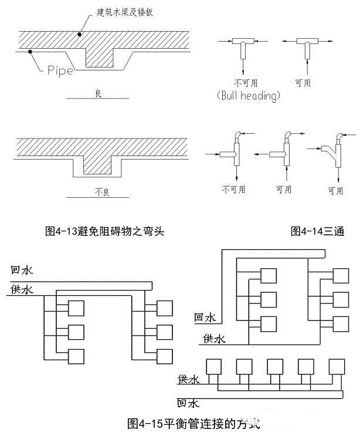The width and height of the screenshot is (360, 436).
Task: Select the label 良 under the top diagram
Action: tap(98, 93)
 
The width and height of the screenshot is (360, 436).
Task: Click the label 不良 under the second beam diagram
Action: tap(98, 191)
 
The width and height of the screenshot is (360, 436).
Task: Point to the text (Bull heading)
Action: tap(247, 96)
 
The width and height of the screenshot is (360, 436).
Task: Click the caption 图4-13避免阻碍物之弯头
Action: tap(104, 231)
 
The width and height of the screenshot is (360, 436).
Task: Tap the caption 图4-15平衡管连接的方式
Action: tap(193, 423)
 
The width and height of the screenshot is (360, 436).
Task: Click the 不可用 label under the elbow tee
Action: tap(234, 190)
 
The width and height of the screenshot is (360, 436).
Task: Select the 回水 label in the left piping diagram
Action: tap(22, 271)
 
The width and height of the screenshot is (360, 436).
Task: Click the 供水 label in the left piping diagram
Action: tap(22, 289)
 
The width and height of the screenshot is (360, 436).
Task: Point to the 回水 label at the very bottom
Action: tap(189, 403)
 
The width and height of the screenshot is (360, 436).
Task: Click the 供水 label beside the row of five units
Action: tap(189, 380)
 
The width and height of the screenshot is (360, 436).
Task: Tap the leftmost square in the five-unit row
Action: tap(212, 366)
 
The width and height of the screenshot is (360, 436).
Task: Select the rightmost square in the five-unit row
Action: tap(337, 366)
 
